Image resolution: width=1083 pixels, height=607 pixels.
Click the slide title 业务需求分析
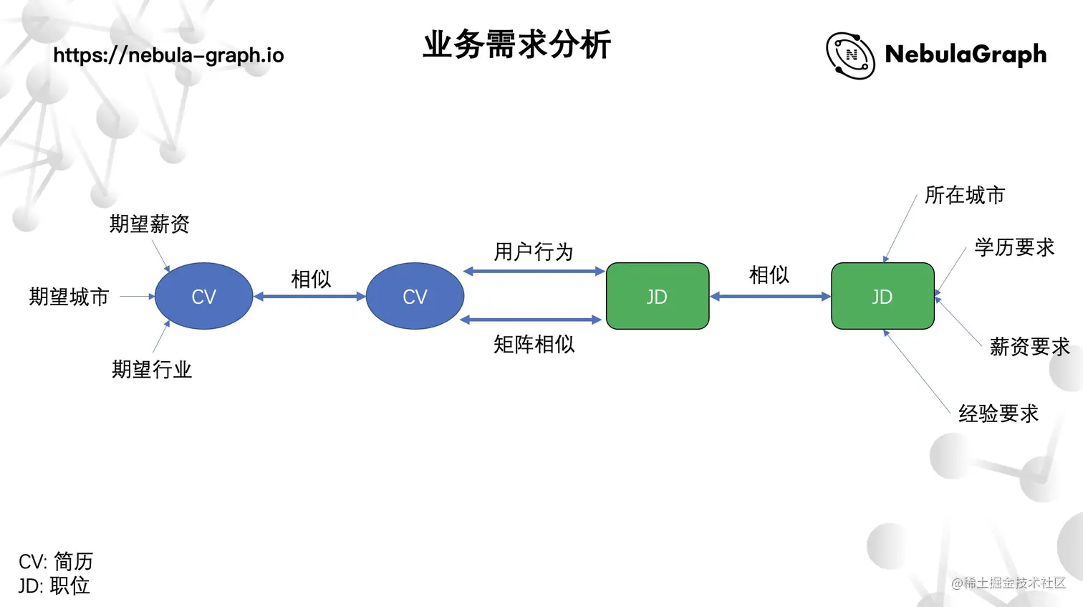click(x=516, y=44)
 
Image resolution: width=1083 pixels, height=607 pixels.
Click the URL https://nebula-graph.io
click(x=168, y=55)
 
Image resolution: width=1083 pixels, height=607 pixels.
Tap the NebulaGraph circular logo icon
click(x=850, y=55)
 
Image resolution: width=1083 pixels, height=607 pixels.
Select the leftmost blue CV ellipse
click(x=203, y=296)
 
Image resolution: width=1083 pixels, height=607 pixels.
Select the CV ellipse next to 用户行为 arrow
click(x=415, y=296)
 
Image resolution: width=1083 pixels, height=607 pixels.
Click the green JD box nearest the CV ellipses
click(x=657, y=296)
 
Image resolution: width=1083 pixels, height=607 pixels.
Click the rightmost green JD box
click(x=882, y=296)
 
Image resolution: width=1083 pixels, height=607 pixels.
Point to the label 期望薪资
click(x=149, y=224)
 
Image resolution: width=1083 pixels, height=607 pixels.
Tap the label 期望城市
click(x=69, y=297)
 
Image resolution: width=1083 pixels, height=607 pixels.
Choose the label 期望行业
click(x=151, y=370)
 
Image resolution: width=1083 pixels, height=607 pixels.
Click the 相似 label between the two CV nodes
click(x=311, y=279)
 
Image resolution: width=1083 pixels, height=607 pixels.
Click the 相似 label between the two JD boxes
click(x=769, y=274)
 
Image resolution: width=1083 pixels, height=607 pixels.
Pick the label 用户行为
click(x=534, y=252)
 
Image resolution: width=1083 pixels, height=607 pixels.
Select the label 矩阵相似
click(x=534, y=345)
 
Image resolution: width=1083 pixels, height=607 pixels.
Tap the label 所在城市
click(x=964, y=195)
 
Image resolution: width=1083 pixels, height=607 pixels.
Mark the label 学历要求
click(x=1014, y=247)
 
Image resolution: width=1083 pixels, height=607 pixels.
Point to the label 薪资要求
click(x=1029, y=347)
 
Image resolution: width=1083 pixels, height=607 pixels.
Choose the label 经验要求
click(x=998, y=414)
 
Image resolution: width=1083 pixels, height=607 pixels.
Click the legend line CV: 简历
click(x=56, y=561)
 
